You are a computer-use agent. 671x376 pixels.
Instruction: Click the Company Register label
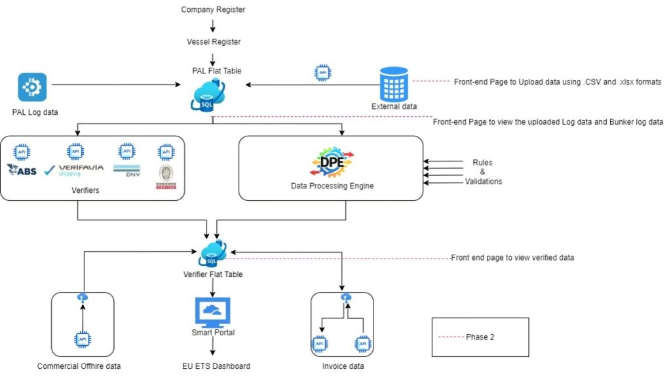pyautogui.click(x=213, y=9)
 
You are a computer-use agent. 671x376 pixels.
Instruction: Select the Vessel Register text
pyautogui.click(x=213, y=41)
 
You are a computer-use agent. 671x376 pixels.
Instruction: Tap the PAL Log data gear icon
pyautogui.click(x=32, y=87)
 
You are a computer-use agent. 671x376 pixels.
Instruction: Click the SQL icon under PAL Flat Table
pyautogui.click(x=207, y=98)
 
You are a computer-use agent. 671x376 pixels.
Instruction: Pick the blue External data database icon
pyautogui.click(x=394, y=83)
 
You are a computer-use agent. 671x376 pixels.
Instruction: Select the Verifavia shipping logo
pyautogui.click(x=73, y=171)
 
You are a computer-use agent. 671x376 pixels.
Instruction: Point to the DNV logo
pyautogui.click(x=127, y=170)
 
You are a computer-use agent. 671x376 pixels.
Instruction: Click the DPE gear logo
pyautogui.click(x=332, y=163)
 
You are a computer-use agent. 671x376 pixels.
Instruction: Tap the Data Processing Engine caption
pyautogui.click(x=332, y=186)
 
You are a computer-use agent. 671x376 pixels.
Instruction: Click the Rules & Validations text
pyautogui.click(x=482, y=172)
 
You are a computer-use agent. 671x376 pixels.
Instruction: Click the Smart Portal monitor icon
pyautogui.click(x=213, y=312)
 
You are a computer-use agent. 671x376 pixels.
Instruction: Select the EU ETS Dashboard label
pyautogui.click(x=216, y=366)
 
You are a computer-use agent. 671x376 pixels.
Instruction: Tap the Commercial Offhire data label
pyautogui.click(x=79, y=366)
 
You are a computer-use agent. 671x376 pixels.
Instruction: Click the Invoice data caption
pyautogui.click(x=343, y=366)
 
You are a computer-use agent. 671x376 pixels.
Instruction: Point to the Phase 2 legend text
pyautogui.click(x=480, y=337)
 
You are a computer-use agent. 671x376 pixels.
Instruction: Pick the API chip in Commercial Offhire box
pyautogui.click(x=83, y=340)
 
